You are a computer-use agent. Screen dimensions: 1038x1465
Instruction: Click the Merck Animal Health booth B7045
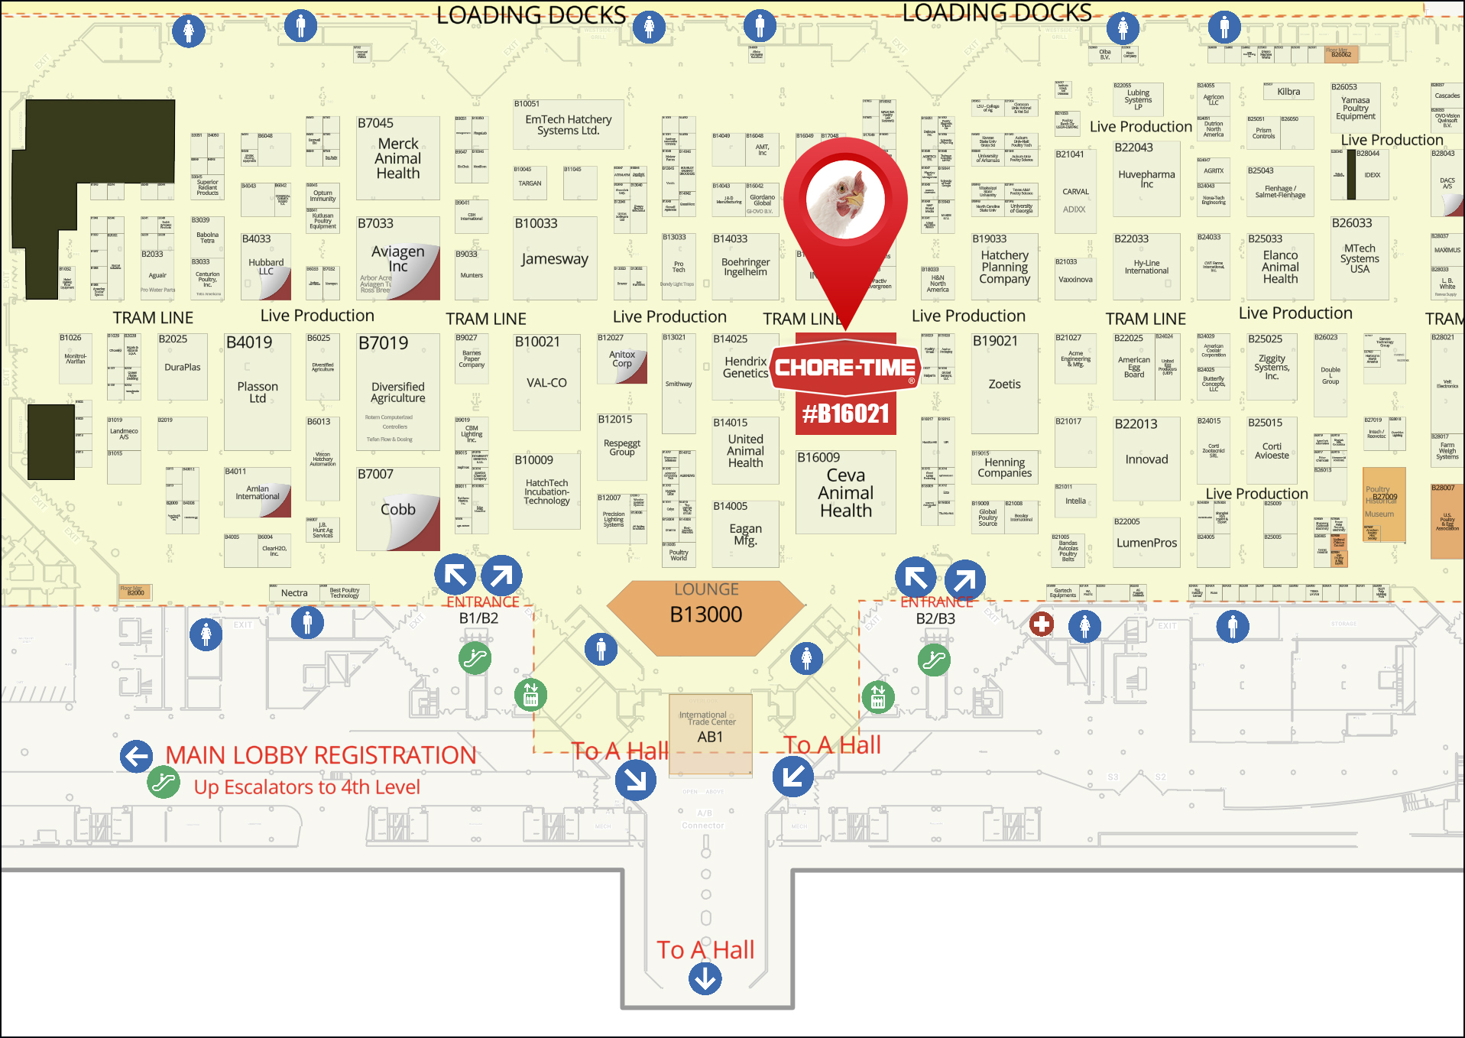point(397,157)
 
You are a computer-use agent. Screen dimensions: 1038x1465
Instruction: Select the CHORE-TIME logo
point(845,368)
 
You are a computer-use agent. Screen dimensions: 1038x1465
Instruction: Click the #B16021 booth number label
point(845,414)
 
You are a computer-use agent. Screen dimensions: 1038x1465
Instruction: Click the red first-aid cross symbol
point(1041,624)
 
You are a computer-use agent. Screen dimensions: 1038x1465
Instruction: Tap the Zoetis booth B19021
point(1004,383)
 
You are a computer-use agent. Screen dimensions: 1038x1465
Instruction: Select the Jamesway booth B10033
point(555,258)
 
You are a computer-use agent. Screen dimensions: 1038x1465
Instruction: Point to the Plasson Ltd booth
point(258,391)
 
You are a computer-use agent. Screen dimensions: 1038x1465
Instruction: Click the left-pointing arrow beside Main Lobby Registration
point(136,757)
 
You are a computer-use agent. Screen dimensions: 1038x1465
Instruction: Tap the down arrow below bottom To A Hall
point(705,978)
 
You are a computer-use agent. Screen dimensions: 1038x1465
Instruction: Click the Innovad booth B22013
point(1146,459)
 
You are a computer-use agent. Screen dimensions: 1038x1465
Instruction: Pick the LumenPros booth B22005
point(1146,542)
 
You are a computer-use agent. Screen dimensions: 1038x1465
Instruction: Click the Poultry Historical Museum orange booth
point(1384,505)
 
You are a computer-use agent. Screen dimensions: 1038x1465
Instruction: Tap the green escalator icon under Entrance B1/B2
point(475,658)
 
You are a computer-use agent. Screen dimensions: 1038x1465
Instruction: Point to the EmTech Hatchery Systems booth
point(568,125)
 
